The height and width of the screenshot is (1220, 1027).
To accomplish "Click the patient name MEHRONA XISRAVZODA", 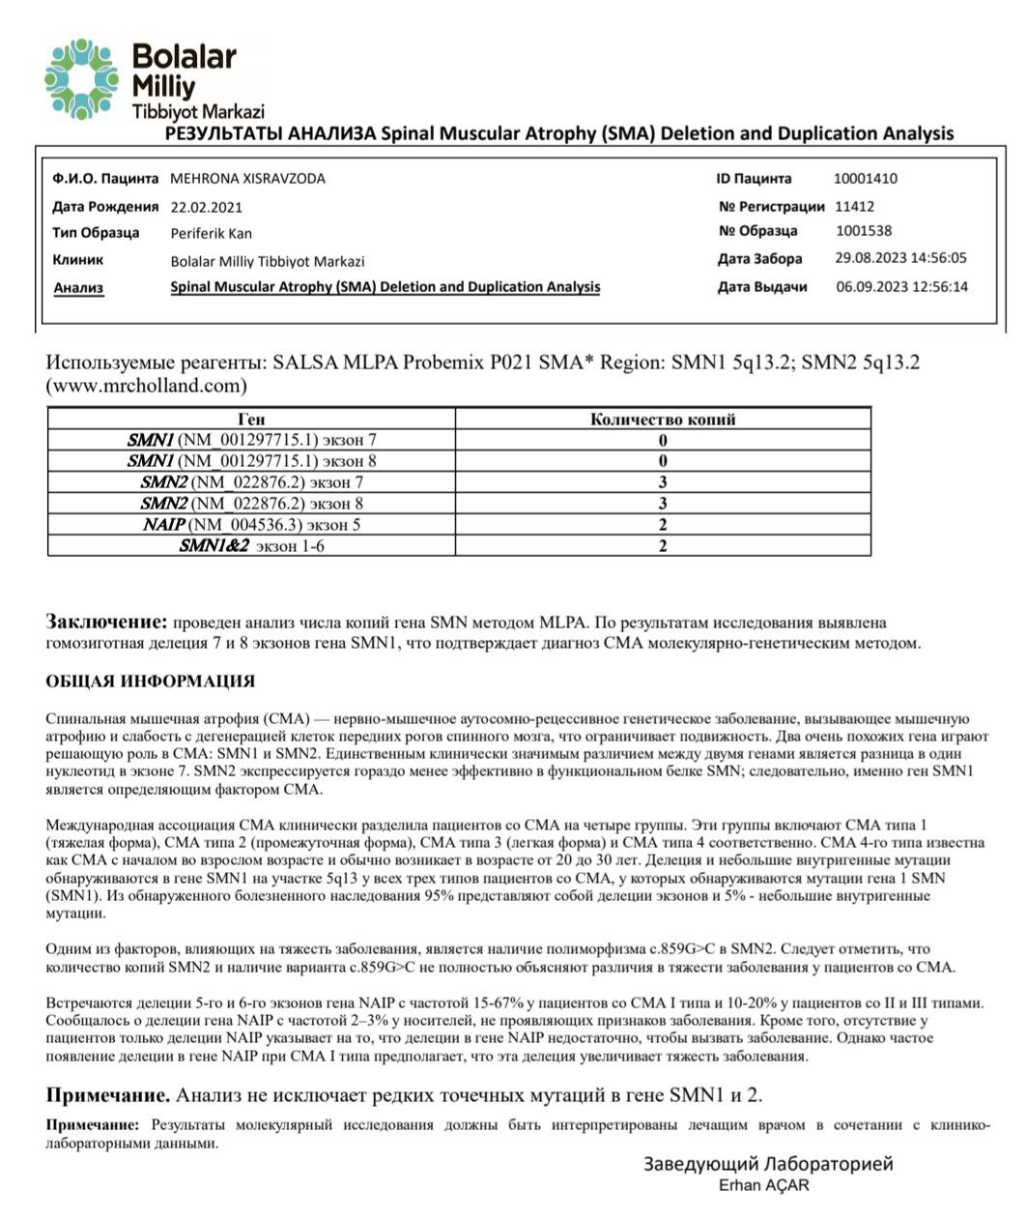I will [x=247, y=179].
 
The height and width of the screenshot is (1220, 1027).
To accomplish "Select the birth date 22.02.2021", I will [x=206, y=207].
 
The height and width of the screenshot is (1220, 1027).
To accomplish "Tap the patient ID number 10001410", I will [x=865, y=179].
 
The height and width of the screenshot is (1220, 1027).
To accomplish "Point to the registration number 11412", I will [x=854, y=206].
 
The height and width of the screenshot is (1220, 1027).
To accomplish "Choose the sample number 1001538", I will [x=863, y=231].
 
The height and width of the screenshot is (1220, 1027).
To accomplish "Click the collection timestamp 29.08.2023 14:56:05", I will [x=900, y=258].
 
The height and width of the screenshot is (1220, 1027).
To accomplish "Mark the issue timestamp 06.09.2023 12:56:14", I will [x=901, y=287].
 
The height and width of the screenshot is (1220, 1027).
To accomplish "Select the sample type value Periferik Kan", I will [x=211, y=233].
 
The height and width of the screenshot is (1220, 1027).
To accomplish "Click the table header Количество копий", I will [x=663, y=420].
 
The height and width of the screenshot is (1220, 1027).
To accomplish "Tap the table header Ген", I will [x=250, y=420].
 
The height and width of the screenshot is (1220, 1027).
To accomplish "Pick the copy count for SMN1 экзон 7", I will [x=663, y=440].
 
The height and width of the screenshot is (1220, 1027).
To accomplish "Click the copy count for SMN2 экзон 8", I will [x=663, y=504].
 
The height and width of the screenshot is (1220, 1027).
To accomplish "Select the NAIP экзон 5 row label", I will [x=251, y=525].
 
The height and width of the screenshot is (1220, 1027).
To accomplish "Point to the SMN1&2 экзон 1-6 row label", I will [x=251, y=546].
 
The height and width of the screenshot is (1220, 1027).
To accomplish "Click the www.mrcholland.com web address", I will [x=146, y=385].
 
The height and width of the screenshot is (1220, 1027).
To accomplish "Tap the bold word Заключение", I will [x=107, y=623].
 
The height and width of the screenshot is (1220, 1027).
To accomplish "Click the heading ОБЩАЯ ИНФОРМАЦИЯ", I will [x=150, y=682].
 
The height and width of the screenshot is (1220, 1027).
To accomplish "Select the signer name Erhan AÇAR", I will [x=764, y=1186].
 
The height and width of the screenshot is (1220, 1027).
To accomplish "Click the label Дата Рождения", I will [x=105, y=207].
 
